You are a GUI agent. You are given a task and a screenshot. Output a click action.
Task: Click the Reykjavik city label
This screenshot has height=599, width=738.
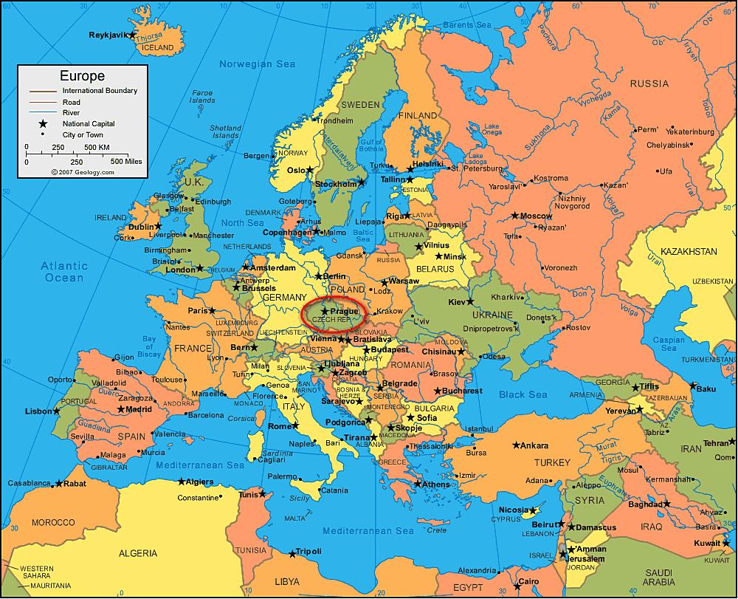(x=108, y=35)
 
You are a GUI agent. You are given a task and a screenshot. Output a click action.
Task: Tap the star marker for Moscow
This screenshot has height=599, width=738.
(x=515, y=216)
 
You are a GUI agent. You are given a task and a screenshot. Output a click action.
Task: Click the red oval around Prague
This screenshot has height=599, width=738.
(x=334, y=312)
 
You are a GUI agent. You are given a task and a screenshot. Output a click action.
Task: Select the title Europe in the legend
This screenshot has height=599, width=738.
(x=82, y=76)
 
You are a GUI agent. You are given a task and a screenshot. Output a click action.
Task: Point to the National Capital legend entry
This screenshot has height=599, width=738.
(x=88, y=123)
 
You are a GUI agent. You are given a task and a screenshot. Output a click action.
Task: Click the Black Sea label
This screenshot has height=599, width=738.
(x=523, y=395)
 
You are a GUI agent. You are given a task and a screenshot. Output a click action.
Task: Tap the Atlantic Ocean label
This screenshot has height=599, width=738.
(x=64, y=272)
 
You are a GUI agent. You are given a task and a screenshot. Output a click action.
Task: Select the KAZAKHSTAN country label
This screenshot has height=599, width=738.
(x=688, y=252)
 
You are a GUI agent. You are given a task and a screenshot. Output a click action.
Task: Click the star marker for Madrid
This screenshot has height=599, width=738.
(x=120, y=409)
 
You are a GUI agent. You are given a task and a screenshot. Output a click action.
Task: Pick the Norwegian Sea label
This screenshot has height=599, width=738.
(x=257, y=64)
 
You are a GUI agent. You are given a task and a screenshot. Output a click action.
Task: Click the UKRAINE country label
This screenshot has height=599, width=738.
(x=486, y=315)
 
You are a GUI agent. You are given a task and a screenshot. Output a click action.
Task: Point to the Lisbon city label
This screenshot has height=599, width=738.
(x=38, y=411)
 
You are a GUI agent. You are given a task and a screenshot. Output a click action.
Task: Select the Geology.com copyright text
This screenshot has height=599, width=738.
(x=83, y=172)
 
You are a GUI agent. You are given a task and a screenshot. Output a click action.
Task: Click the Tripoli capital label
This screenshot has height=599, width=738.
(x=308, y=551)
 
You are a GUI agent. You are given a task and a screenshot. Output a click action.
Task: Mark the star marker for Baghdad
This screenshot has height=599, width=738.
(x=666, y=504)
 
